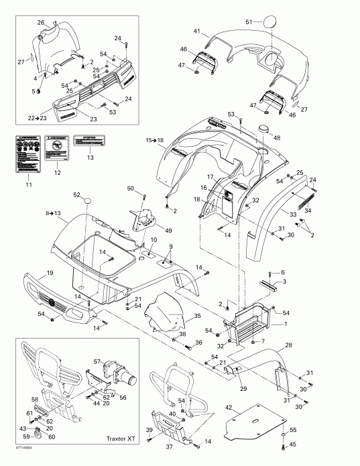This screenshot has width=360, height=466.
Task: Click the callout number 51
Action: pos(249,22)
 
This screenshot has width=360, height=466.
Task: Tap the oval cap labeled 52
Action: pos(85,200)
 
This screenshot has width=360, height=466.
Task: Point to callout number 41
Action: pos(197,32)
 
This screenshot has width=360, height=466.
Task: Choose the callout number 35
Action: pos(197,315)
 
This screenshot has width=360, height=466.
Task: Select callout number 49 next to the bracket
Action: pos(168,230)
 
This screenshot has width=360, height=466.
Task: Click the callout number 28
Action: pos(290,345)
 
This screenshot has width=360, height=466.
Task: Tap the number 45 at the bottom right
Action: pos(292,445)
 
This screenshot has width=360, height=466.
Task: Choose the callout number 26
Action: pos(40,23)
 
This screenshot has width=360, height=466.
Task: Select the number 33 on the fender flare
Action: pos(292,214)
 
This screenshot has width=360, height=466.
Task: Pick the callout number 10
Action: pos(154,240)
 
